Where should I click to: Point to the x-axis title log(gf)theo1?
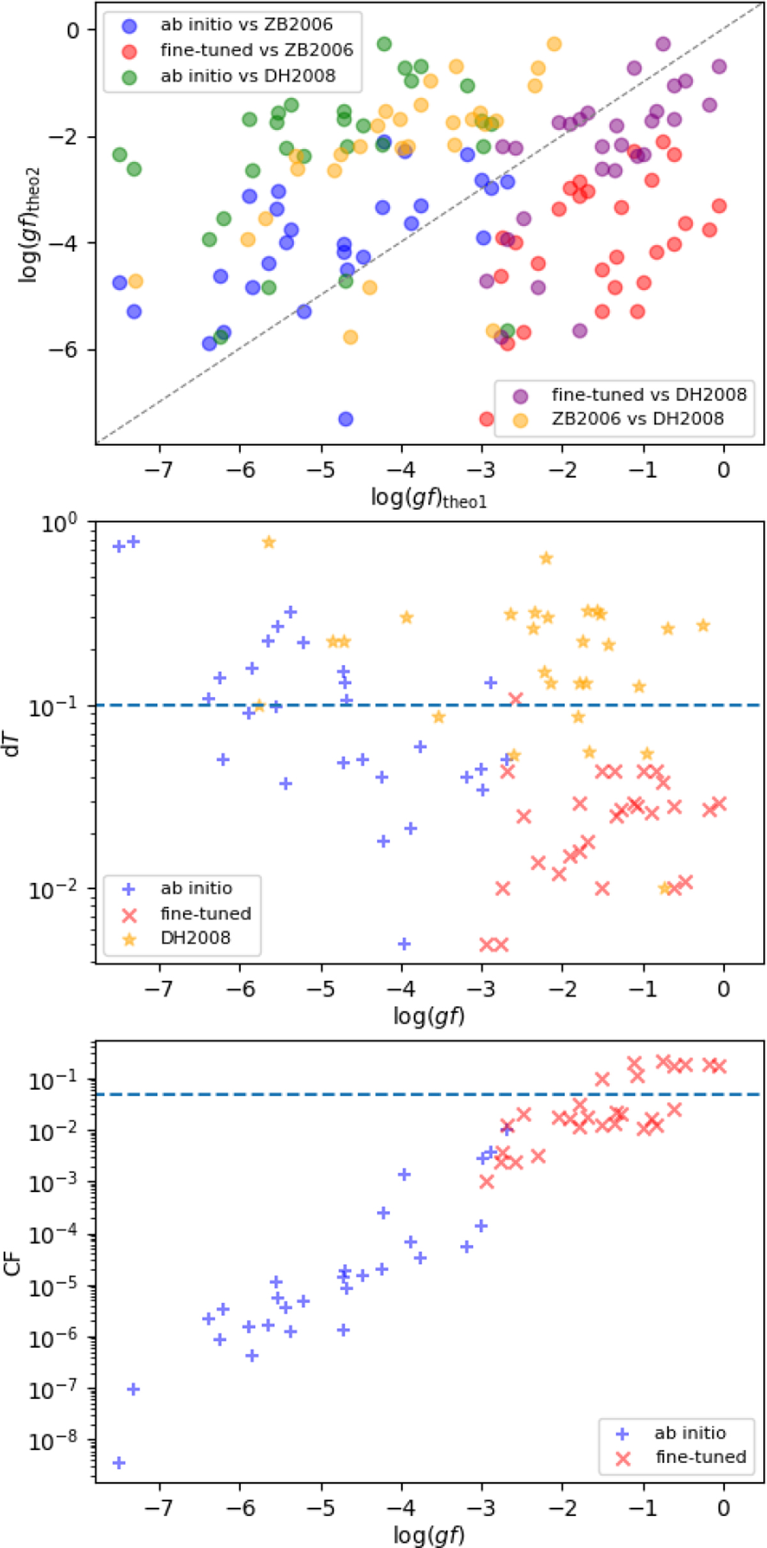429,498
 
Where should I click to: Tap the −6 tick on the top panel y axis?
64,350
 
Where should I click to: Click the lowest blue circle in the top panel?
346,419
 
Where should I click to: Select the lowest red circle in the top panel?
486,419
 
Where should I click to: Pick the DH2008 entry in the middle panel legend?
195,938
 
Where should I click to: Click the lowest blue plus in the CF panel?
119,1463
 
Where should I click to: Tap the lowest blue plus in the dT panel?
404,944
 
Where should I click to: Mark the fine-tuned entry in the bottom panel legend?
701,1457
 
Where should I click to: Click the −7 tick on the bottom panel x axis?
159,1509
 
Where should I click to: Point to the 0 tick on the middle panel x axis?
724,989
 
